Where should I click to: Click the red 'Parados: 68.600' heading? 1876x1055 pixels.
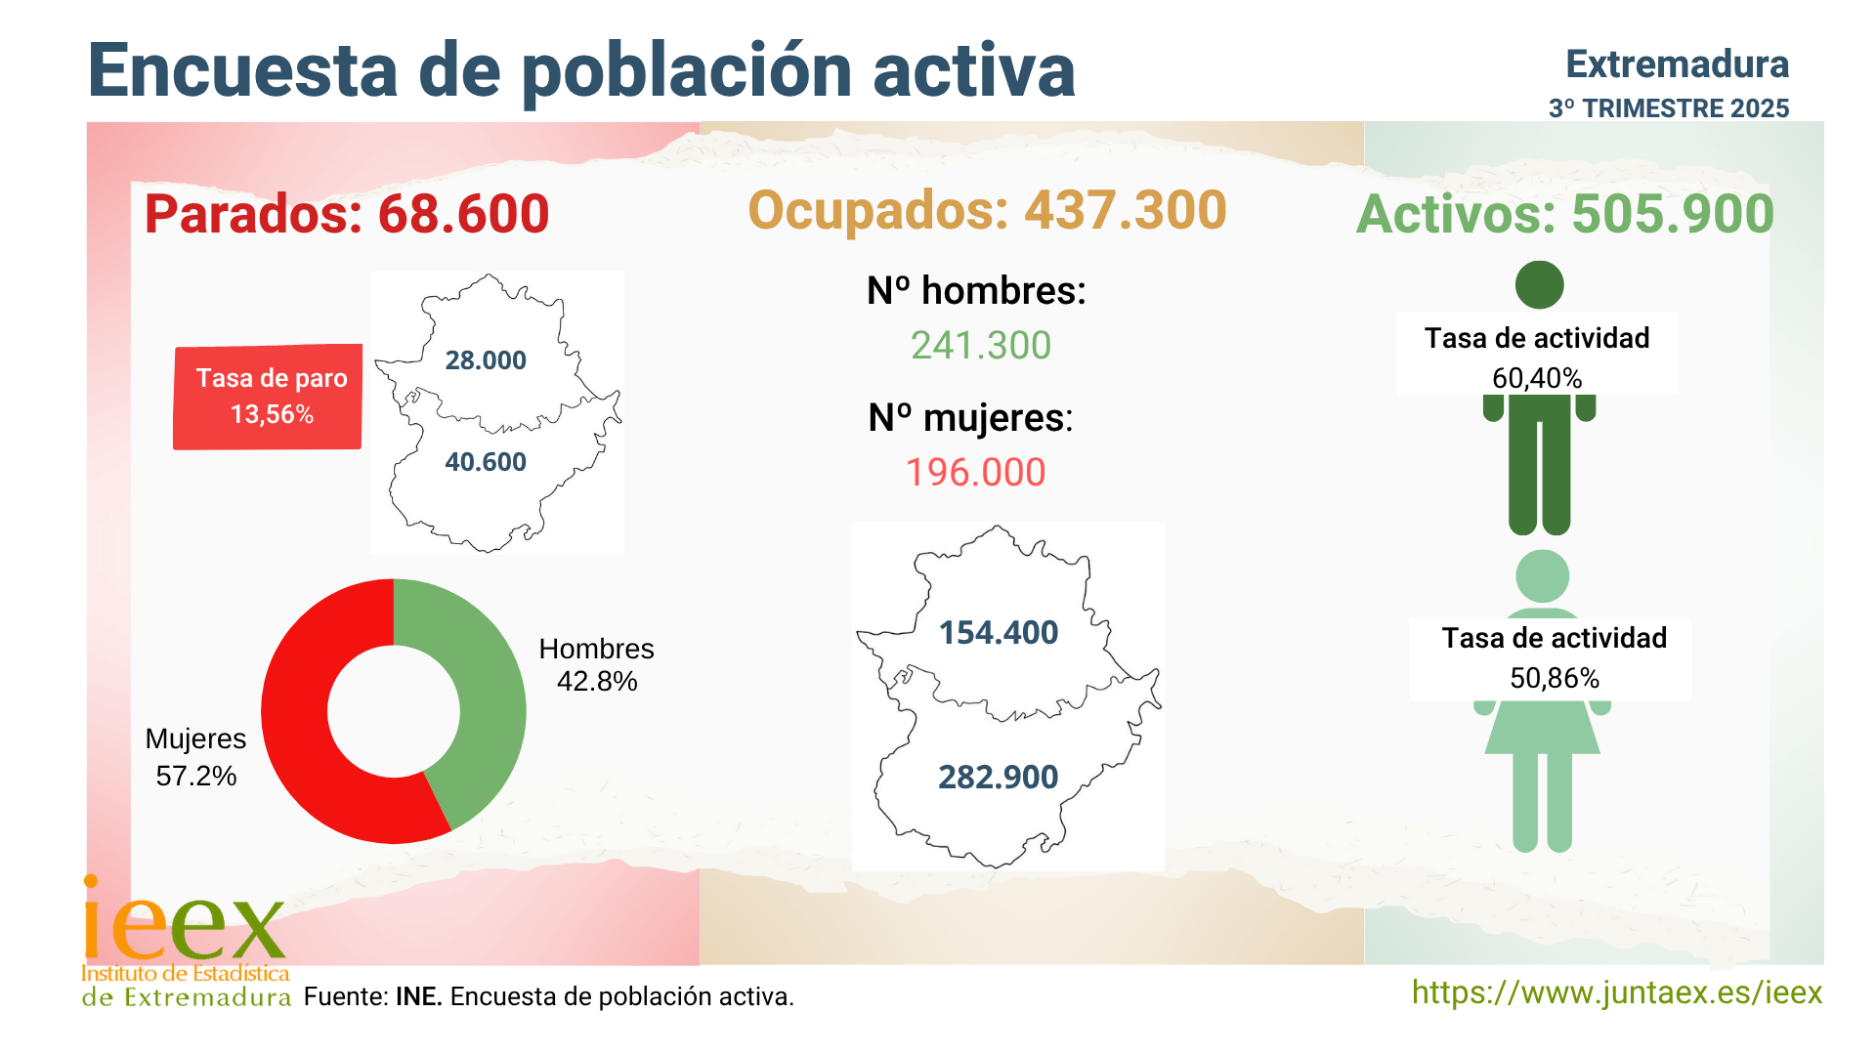click(x=347, y=214)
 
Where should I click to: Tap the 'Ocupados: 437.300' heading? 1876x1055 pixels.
click(x=987, y=210)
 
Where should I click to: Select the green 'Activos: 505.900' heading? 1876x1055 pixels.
click(x=1564, y=214)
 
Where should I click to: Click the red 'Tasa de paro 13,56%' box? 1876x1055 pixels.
click(x=269, y=397)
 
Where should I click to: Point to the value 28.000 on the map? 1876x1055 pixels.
click(x=486, y=360)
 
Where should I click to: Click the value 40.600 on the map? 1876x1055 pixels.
click(x=486, y=462)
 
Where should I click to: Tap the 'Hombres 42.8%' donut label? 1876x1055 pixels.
click(x=596, y=664)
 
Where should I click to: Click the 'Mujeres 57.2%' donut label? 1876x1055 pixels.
click(x=195, y=757)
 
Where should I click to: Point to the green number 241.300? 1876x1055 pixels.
click(x=981, y=346)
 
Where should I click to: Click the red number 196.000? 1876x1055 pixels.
click(x=976, y=473)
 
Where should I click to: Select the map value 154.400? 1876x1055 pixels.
click(x=999, y=633)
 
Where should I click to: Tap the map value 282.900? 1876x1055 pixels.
click(x=999, y=778)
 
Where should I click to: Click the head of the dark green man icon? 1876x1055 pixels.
click(x=1539, y=285)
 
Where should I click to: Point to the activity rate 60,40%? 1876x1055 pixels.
click(x=1537, y=378)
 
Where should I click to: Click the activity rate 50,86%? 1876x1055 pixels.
click(x=1555, y=678)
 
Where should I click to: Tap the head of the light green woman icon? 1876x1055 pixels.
click(x=1542, y=576)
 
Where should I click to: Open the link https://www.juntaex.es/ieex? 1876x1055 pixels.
click(x=1617, y=992)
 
